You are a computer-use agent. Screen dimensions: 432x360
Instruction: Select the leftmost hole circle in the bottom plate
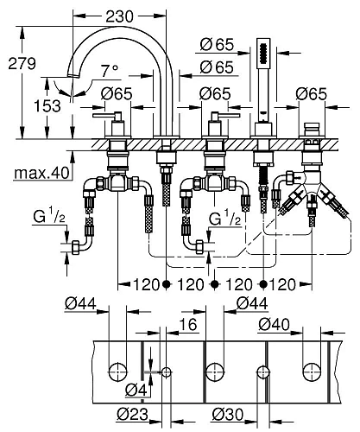click(115, 372)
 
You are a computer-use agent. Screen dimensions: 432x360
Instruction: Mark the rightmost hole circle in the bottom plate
click(308, 372)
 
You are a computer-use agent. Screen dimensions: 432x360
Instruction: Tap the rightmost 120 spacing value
click(286, 283)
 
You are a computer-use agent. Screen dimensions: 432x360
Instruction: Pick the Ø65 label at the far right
click(309, 92)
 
